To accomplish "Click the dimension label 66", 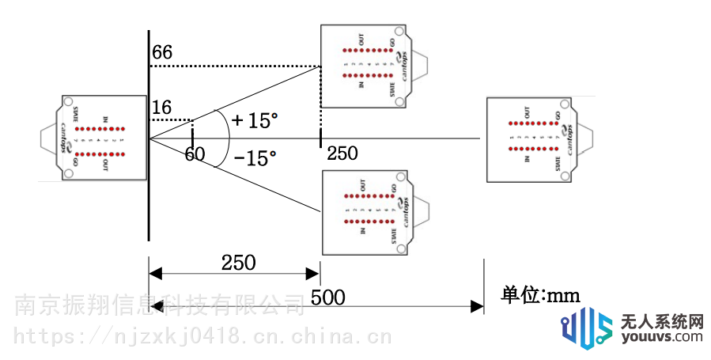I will tap(162, 53).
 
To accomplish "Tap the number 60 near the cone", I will tap(195, 154).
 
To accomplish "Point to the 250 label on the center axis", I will tap(342, 153).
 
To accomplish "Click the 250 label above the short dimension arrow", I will tap(239, 262).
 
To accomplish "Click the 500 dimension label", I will tap(327, 297).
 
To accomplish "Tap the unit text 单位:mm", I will tap(541, 295).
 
